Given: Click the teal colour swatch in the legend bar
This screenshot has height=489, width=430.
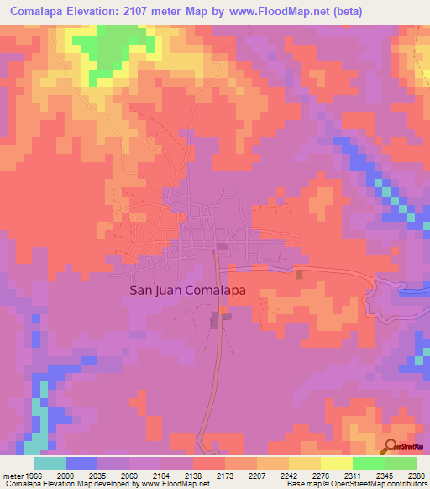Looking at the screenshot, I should pos(50,463).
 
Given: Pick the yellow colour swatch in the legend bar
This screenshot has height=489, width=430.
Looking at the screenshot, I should pos(337,463).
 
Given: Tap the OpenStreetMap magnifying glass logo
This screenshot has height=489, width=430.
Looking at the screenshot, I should pos(391,445).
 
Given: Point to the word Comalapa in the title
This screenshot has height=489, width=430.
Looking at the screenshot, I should pos(42,13).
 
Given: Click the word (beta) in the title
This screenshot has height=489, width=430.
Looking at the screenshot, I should pos(401,13).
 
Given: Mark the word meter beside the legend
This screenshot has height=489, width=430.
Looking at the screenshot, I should pos(12,475).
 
